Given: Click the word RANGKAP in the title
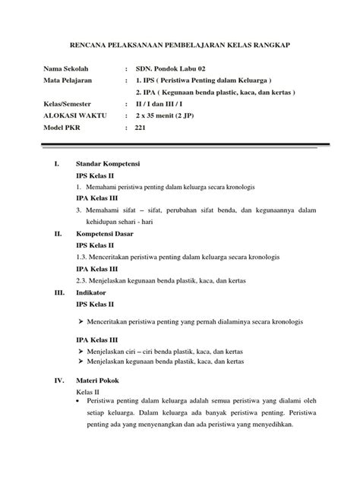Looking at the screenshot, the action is [x=289, y=46].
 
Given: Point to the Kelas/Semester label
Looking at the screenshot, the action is [x=70, y=104].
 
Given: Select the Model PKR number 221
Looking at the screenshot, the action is [x=140, y=128].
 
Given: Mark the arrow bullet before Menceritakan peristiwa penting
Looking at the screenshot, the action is [x=81, y=321].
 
